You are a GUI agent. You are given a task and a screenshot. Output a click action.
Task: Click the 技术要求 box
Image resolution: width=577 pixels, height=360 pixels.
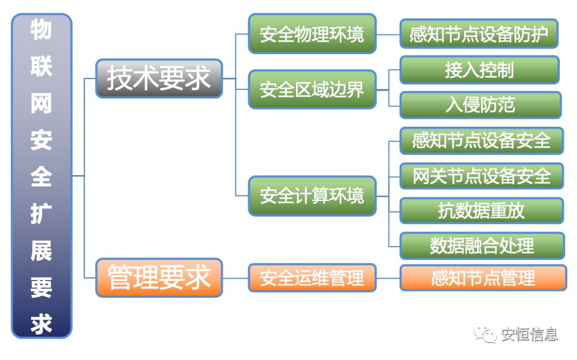(x=158, y=78)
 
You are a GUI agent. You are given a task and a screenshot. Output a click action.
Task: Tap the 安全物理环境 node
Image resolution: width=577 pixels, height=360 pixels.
(x=312, y=34)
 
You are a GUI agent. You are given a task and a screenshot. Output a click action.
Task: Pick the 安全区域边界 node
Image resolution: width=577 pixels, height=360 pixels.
(x=312, y=89)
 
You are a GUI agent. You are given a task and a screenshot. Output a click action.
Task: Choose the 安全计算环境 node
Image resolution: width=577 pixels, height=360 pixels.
(x=312, y=196)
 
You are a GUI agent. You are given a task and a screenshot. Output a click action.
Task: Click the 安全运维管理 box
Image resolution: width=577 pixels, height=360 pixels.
(x=312, y=278)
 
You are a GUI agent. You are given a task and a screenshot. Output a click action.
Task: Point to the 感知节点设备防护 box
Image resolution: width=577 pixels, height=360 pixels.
(x=479, y=34)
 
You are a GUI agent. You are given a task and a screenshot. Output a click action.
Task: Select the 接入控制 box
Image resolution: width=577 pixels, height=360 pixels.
(x=479, y=70)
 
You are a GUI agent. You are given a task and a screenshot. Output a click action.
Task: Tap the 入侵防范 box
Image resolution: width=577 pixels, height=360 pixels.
(x=479, y=105)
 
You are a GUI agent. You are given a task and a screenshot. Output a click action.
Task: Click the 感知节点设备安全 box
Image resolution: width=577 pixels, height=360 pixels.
(x=481, y=140)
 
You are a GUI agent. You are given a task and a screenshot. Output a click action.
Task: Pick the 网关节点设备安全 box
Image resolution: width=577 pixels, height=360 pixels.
(x=481, y=176)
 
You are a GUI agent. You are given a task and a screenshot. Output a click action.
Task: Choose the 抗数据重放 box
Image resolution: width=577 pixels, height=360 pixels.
(x=481, y=211)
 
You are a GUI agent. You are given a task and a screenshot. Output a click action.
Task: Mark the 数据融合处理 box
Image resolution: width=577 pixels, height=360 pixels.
(x=481, y=246)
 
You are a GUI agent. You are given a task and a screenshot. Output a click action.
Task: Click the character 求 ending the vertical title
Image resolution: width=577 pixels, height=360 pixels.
(x=41, y=324)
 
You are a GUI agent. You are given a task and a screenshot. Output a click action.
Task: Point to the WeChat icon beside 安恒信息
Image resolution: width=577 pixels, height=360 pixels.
(x=485, y=334)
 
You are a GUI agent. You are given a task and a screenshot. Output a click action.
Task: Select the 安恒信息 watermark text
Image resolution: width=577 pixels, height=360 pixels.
(x=527, y=334)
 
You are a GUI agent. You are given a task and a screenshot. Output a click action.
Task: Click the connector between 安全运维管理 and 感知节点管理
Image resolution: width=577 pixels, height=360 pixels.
(x=388, y=278)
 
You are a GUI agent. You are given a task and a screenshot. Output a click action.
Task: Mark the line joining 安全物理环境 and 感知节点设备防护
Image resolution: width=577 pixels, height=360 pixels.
(x=388, y=34)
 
